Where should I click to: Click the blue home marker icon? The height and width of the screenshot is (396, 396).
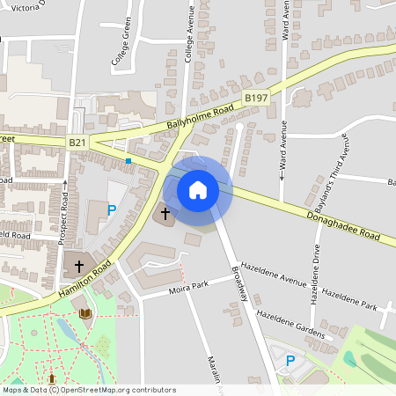[198, 190]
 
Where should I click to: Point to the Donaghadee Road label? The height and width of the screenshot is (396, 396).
[345, 227]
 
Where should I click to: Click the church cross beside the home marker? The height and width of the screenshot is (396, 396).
[165, 213]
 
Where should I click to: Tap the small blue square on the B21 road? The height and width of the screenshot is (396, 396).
[128, 161]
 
